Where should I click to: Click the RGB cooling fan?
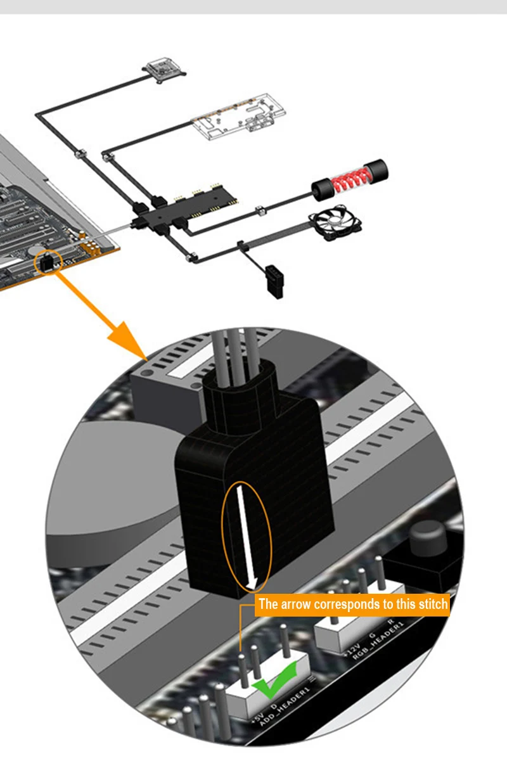(335, 222)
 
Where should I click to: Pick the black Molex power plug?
(274, 281)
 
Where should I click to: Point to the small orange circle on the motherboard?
(48, 262)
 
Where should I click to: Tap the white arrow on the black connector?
(247, 537)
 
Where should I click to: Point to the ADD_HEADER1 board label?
(285, 707)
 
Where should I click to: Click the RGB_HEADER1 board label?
(378, 641)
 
